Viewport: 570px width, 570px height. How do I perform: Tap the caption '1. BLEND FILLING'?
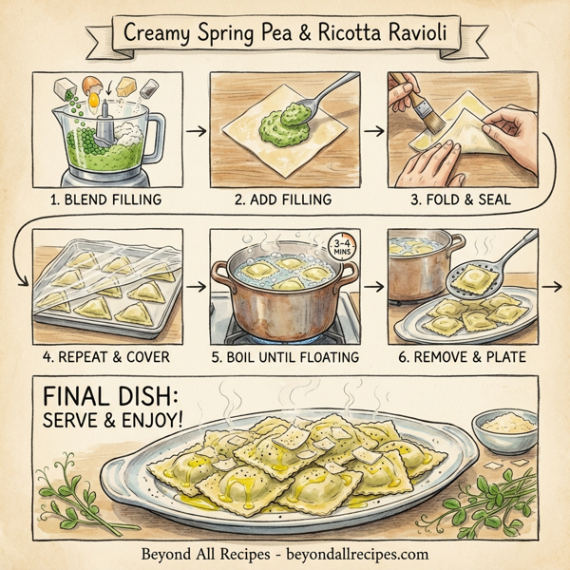click(105, 199)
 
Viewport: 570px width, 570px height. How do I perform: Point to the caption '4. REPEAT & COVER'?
click(105, 357)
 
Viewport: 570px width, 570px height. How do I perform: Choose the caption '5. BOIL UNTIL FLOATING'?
click(284, 357)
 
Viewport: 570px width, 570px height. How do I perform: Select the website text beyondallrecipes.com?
click(352, 554)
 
